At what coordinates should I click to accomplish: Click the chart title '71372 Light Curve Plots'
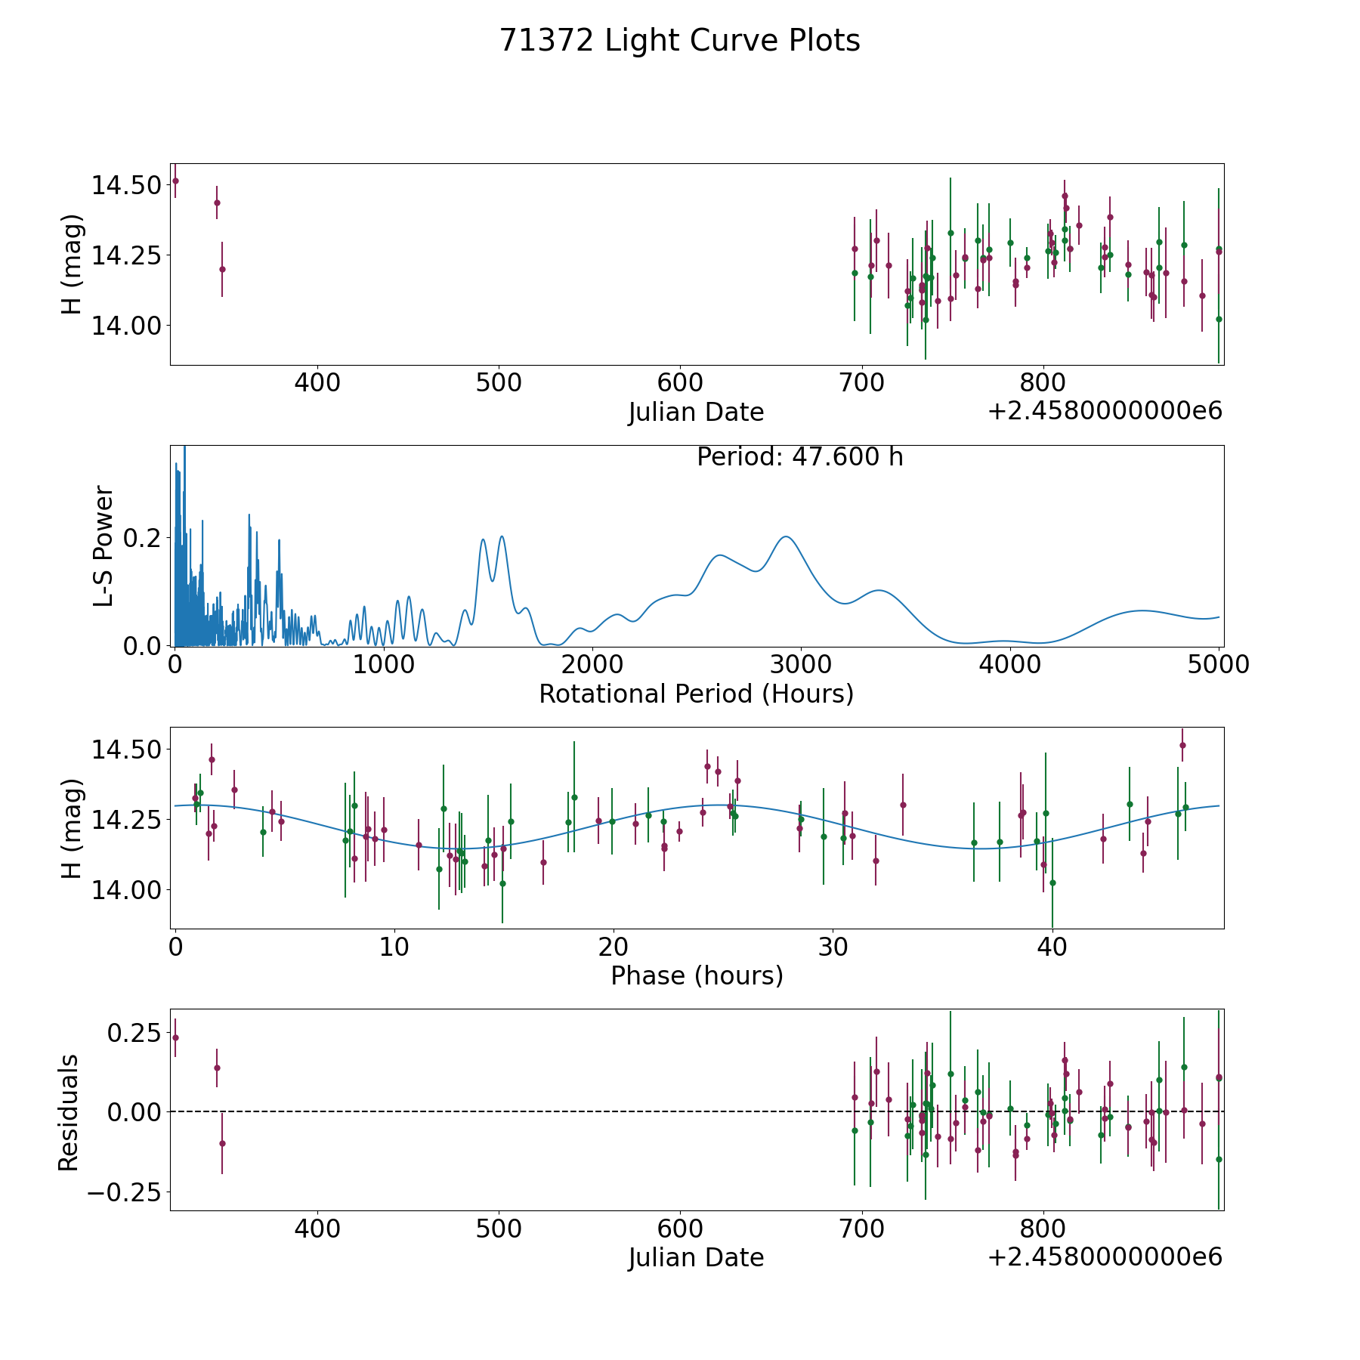(679, 41)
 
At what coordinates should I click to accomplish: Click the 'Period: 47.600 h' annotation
(799, 457)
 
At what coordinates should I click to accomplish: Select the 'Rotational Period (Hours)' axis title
(696, 694)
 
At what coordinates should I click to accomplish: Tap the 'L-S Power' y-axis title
(104, 546)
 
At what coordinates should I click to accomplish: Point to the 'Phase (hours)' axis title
(696, 975)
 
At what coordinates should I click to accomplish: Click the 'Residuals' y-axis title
(69, 1112)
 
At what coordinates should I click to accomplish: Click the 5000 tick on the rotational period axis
(1218, 665)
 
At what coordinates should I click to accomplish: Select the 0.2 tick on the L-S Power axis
(145, 538)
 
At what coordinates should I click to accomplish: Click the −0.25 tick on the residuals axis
(123, 1193)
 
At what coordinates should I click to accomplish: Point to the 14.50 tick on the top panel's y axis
(125, 185)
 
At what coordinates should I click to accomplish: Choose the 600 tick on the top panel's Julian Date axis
(680, 382)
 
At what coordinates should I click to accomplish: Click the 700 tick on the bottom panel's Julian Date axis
(861, 1229)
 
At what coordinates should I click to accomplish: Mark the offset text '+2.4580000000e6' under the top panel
(1105, 412)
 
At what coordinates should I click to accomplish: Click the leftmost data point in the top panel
(175, 181)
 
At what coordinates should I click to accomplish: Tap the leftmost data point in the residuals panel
(175, 1037)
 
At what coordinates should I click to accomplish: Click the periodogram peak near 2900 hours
(786, 536)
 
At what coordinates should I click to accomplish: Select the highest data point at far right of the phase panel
(1182, 745)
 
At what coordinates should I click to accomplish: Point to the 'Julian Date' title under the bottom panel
(696, 1258)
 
